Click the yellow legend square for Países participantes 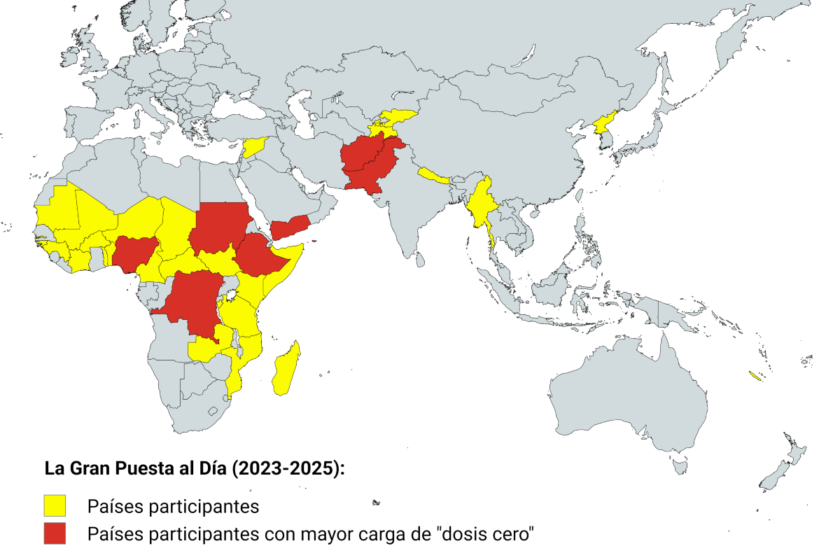(54, 505)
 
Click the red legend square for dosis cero (54, 533)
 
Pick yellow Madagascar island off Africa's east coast (287, 367)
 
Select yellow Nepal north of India (434, 175)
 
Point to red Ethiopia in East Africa (262, 255)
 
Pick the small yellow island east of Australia (755, 376)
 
